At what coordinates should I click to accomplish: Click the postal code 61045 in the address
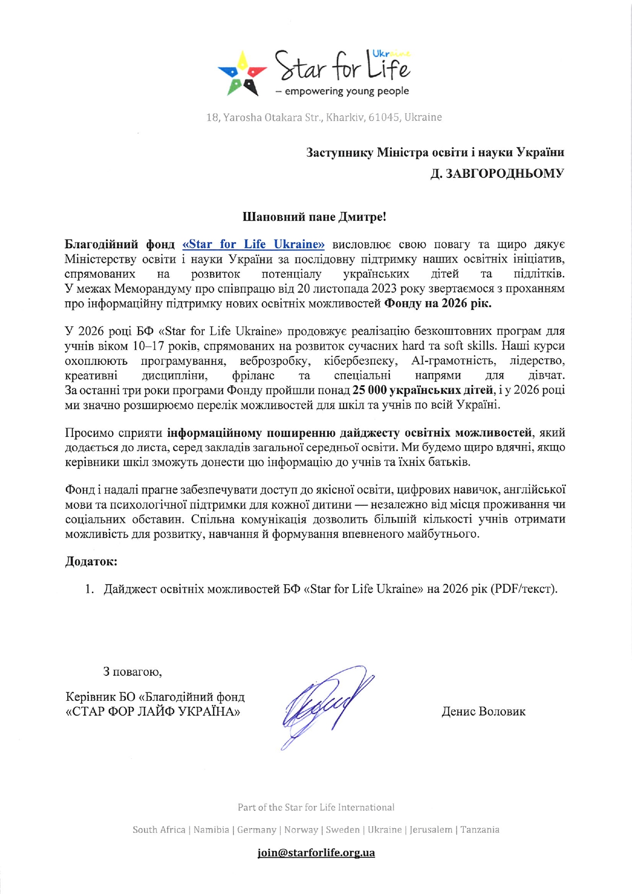pos(383,117)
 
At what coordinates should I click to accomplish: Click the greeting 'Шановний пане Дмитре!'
pos(314,217)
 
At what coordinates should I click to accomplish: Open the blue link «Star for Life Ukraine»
pos(253,244)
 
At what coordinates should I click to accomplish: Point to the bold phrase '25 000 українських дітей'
pos(423,390)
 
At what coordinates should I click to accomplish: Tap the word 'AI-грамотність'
pos(453,361)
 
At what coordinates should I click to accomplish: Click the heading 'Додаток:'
pos(91,562)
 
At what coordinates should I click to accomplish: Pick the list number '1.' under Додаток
pos(90,589)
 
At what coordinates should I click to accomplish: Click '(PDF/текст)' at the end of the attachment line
pos(524,589)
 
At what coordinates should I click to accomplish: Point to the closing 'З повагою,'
pos(133,672)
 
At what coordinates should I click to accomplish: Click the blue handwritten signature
pos(326,703)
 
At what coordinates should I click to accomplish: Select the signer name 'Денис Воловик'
pos(483,712)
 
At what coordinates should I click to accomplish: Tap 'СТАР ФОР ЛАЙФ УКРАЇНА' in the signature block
pos(153,712)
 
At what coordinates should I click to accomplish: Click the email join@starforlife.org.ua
pos(316,853)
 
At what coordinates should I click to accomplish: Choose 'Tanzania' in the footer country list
pos(480,830)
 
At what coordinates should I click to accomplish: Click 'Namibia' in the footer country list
pos(211,830)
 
